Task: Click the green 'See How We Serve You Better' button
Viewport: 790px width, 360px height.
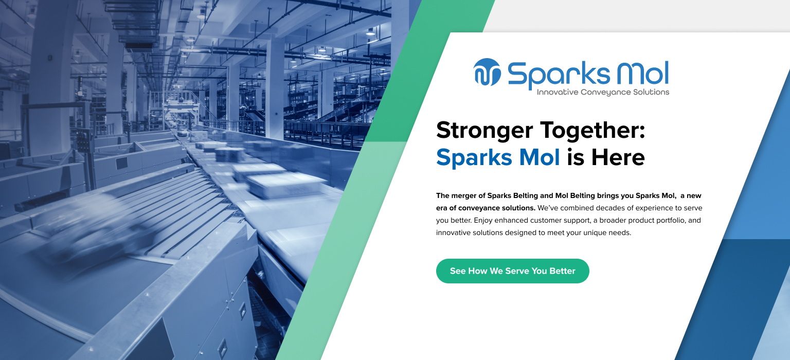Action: click(x=512, y=271)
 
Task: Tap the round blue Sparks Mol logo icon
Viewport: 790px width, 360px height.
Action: click(x=487, y=72)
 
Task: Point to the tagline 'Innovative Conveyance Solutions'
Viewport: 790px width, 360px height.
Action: click(x=603, y=93)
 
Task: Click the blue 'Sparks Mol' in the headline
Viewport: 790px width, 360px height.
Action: click(x=498, y=157)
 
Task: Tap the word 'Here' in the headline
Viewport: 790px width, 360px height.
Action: click(x=618, y=157)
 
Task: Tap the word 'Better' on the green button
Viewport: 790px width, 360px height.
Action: click(x=562, y=271)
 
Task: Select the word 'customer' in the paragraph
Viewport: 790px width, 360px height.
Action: click(x=549, y=220)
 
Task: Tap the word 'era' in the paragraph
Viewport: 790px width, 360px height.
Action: click(x=442, y=208)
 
